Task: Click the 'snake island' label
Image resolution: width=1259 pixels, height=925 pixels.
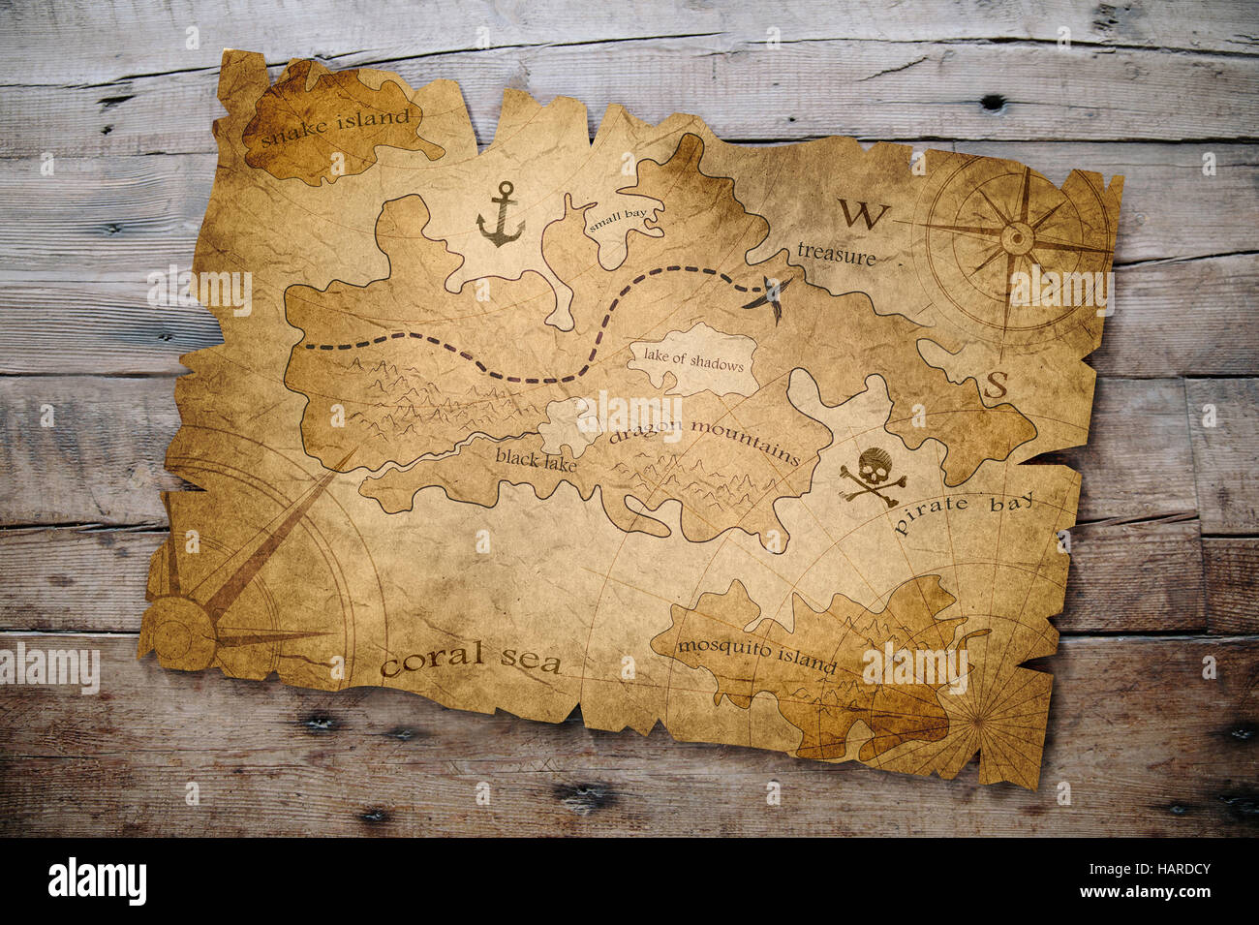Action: pos(335,126)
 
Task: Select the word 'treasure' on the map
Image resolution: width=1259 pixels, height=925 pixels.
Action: pos(836,254)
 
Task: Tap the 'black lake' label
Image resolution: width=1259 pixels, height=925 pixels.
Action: pos(536,459)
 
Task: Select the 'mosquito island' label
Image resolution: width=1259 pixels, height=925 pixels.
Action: pos(756,655)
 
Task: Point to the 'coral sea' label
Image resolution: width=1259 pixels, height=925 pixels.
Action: pos(471,660)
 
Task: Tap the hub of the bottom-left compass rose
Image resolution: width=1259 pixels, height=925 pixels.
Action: pos(181,632)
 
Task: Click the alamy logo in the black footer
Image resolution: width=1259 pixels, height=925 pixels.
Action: pos(97,881)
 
